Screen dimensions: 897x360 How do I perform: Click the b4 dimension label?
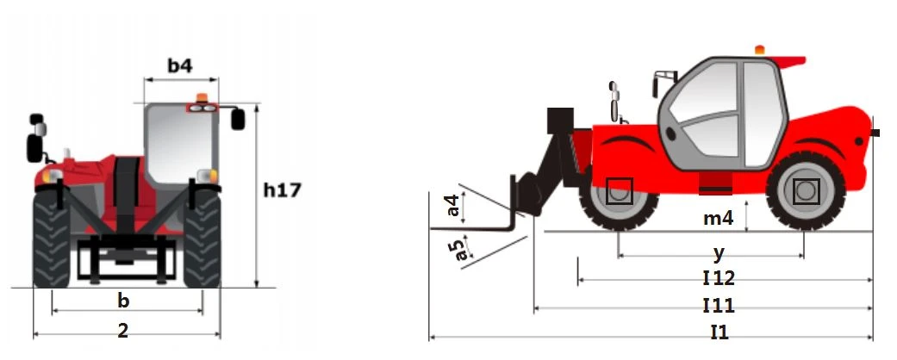[179, 65]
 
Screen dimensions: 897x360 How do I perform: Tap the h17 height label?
[282, 189]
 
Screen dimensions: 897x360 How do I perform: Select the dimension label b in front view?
[123, 301]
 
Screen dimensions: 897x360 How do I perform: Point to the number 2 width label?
[123, 330]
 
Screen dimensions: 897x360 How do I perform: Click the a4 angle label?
[452, 206]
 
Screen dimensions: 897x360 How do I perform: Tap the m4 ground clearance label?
[718, 218]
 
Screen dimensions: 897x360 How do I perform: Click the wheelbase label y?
[719, 251]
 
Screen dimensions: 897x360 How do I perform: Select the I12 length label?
[719, 278]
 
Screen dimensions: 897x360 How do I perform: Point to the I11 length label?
[719, 305]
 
